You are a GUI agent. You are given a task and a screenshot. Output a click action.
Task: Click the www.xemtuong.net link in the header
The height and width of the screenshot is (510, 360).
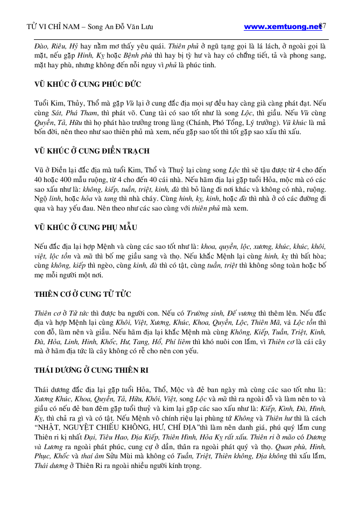[x=282, y=26]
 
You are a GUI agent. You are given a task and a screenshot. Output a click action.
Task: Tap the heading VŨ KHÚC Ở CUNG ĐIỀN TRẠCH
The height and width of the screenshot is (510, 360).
[x=84, y=151]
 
